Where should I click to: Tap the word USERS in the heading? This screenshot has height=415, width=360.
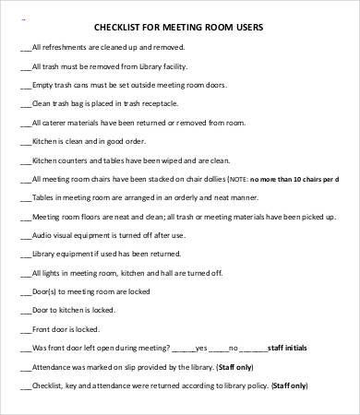point(243,28)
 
